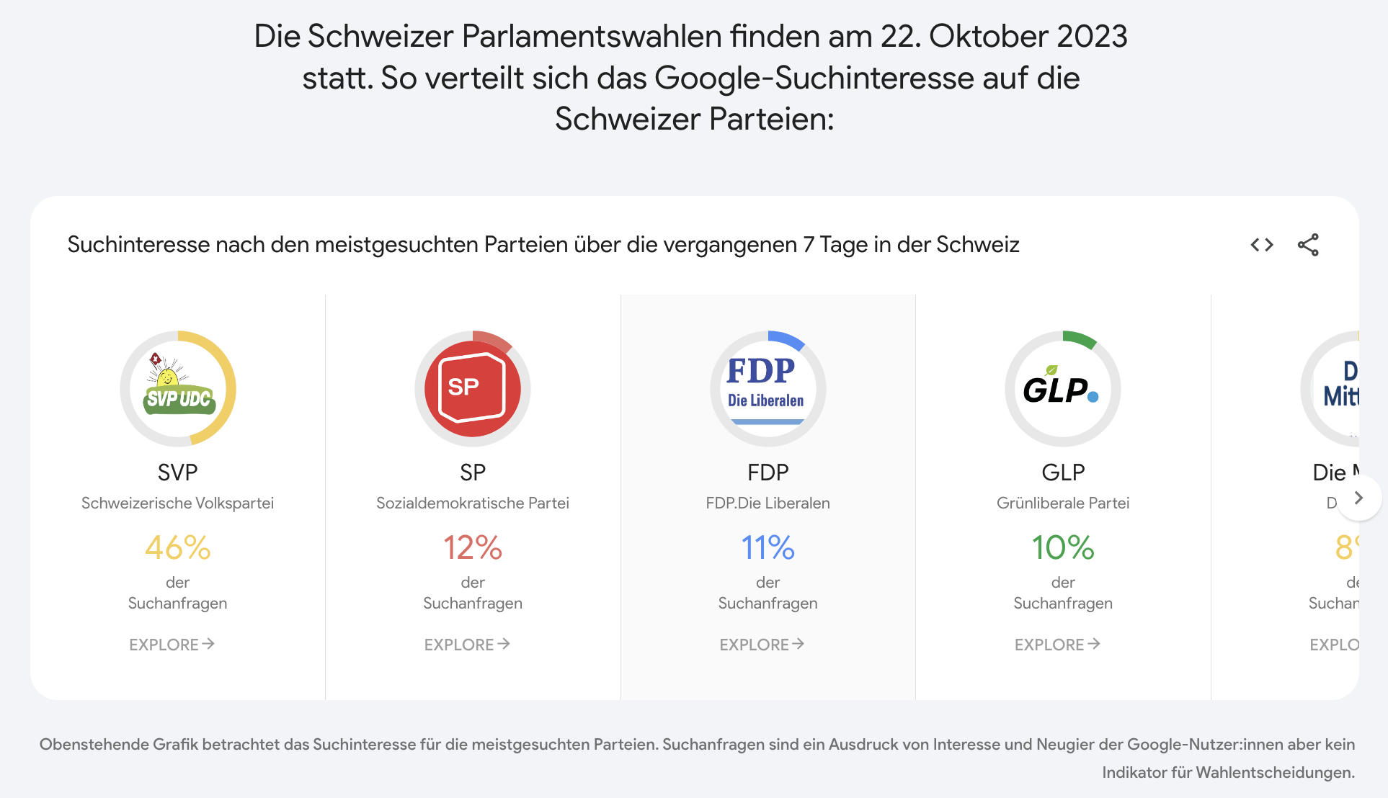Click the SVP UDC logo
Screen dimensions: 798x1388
coord(178,389)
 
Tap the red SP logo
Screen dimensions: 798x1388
coord(473,389)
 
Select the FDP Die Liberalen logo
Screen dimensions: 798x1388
coord(768,389)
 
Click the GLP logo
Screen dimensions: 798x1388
coord(1062,389)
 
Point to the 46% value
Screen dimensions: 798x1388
coord(178,548)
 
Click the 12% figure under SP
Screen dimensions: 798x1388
coord(473,548)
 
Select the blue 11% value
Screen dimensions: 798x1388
coord(768,548)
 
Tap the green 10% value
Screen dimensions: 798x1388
coord(1062,548)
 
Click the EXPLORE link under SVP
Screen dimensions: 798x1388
coord(172,645)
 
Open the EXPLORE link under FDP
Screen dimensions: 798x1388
coord(762,645)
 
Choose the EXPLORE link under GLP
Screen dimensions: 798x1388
coord(1056,645)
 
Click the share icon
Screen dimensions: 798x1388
coord(1308,245)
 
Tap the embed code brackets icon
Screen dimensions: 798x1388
coord(1262,245)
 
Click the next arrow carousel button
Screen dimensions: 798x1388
coord(1358,498)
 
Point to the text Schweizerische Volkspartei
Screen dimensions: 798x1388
coord(178,503)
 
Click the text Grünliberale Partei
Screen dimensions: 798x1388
coord(1062,503)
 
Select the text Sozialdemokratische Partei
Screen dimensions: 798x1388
coord(473,503)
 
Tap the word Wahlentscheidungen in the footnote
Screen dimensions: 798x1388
coord(1275,773)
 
